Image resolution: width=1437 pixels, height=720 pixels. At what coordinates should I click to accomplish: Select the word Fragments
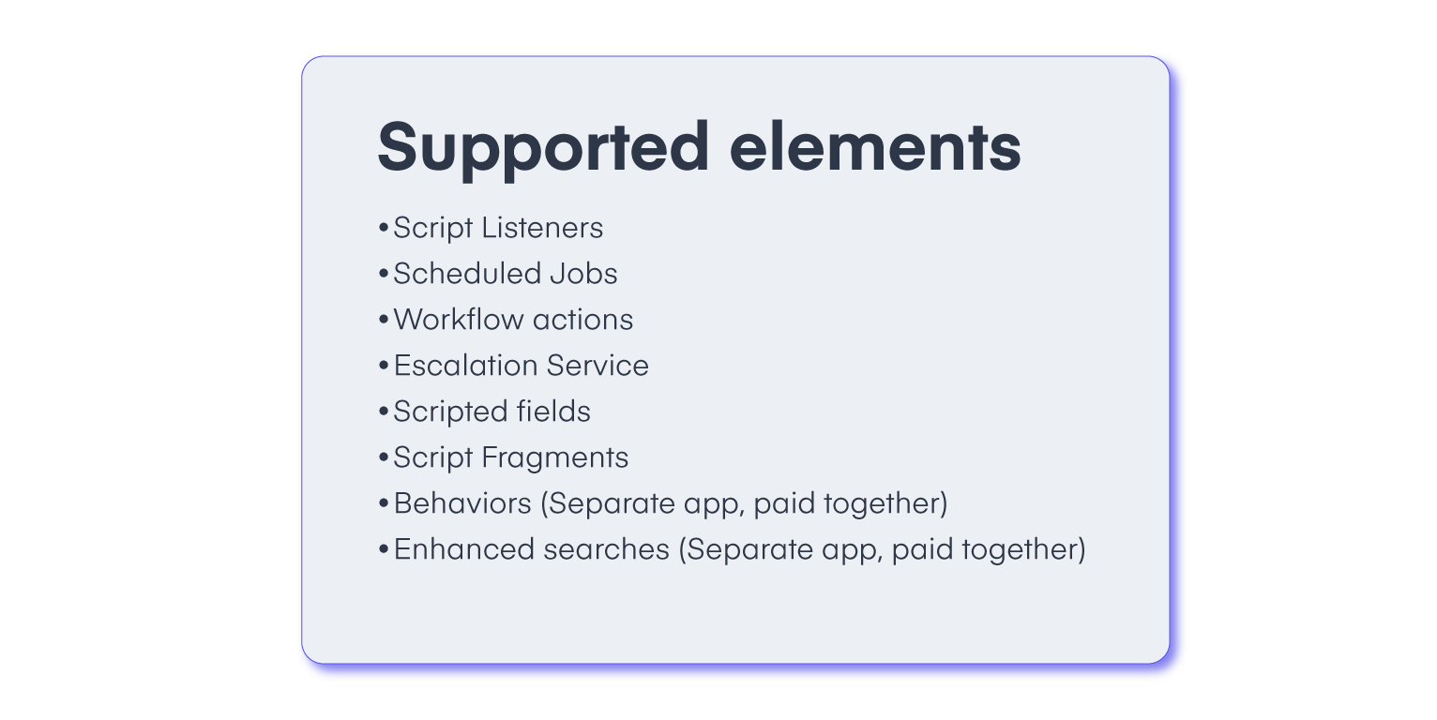(x=554, y=457)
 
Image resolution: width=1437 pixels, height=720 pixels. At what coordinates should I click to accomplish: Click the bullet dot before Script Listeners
(x=383, y=229)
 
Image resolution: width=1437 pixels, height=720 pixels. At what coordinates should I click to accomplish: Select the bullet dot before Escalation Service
(x=383, y=367)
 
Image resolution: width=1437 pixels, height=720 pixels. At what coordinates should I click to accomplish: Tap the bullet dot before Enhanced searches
(x=383, y=550)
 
